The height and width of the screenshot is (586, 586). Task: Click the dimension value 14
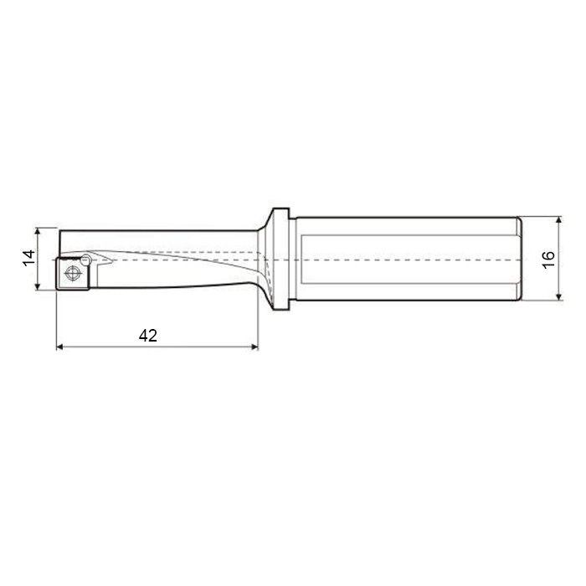pyautogui.click(x=28, y=258)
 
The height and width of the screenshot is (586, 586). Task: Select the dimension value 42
pyautogui.click(x=148, y=336)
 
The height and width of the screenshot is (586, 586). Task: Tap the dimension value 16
pyautogui.click(x=548, y=260)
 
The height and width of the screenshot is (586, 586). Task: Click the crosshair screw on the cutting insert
pyautogui.click(x=74, y=273)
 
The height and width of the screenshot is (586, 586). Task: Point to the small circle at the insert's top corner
pyautogui.click(x=86, y=260)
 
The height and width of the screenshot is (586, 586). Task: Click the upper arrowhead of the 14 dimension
pyautogui.click(x=38, y=231)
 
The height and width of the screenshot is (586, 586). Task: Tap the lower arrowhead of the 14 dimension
pyautogui.click(x=38, y=286)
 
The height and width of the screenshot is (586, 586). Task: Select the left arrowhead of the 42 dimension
pyautogui.click(x=59, y=347)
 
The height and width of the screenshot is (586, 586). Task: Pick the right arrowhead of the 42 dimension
pyautogui.click(x=254, y=347)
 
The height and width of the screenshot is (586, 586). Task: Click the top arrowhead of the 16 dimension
pyautogui.click(x=558, y=220)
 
